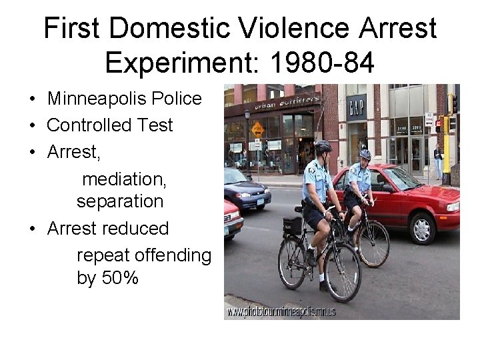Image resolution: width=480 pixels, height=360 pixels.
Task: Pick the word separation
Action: pos(120,201)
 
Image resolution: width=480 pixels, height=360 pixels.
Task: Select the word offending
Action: pos(173,255)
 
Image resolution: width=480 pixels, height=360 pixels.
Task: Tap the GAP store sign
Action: pos(356,106)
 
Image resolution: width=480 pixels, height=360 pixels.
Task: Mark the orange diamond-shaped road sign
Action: pos(257,129)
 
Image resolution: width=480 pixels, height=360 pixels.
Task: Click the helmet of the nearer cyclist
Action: pos(323,146)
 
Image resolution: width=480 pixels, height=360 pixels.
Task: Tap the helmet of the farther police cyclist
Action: pos(365,154)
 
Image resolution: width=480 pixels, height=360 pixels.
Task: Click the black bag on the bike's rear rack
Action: pos(292,226)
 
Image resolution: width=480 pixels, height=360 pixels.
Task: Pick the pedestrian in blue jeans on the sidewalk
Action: pos(438,160)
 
